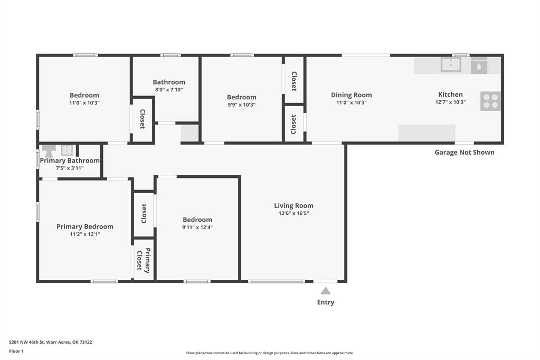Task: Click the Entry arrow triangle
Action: pos(326,291)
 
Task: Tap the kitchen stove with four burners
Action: pos(490,101)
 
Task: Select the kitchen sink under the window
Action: pos(451,64)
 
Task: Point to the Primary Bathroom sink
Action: pos(67,150)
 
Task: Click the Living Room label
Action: pos(294,206)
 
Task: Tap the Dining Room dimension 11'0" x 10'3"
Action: pos(351,102)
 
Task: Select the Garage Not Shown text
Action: pos(464,152)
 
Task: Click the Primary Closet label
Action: pos(143,261)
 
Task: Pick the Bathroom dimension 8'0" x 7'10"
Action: pos(169,90)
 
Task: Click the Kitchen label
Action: pos(450,94)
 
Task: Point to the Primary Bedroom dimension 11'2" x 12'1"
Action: pos(84,234)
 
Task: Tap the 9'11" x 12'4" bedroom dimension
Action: pos(197,228)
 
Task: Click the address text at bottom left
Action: pos(51,342)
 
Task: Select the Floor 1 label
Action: pos(16,352)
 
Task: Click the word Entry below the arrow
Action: pos(326,302)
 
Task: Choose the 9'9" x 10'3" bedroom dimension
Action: pos(241,105)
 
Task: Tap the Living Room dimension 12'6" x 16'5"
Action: pos(294,213)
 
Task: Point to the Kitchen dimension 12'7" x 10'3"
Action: pos(450,102)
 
